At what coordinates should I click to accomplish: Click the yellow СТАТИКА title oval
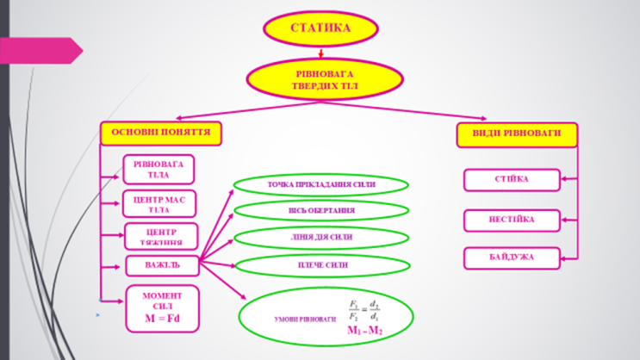(320, 28)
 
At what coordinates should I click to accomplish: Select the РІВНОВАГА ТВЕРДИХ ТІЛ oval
(325, 79)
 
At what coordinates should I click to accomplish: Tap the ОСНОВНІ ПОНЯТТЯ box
(161, 133)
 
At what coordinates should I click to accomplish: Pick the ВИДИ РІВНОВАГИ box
(516, 134)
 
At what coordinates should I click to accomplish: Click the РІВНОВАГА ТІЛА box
(159, 169)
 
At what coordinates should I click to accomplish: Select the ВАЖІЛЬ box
(161, 265)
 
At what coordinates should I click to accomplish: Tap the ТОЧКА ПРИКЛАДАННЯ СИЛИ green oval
(320, 184)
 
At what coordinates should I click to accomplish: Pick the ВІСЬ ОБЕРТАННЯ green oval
(320, 210)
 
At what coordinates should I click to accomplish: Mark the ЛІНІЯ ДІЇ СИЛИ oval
(320, 238)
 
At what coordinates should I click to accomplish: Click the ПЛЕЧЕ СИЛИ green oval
(320, 265)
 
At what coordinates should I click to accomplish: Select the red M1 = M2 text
(365, 331)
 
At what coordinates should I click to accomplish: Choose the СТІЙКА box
(512, 179)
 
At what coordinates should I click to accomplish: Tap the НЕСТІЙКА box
(512, 220)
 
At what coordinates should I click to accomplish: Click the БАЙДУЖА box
(512, 258)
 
